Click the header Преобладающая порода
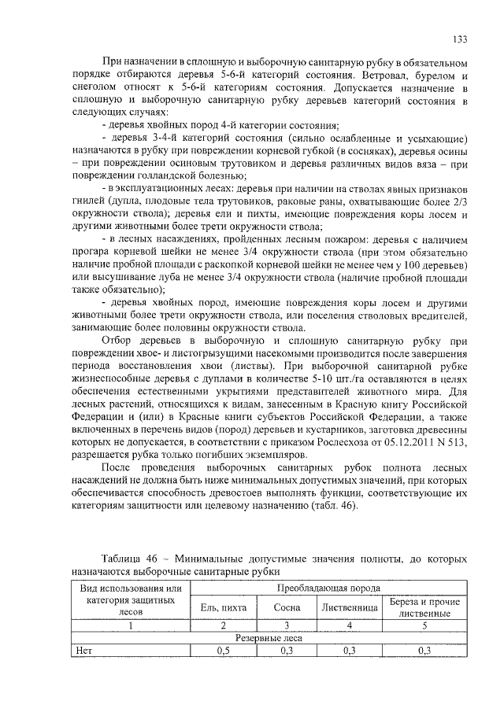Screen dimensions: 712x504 (x=328, y=588)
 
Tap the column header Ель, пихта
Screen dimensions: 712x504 (x=224, y=607)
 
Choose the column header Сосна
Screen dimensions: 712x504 (x=286, y=607)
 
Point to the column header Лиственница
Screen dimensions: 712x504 (x=350, y=607)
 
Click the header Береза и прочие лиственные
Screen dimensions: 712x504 (x=424, y=607)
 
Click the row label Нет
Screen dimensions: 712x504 (x=83, y=651)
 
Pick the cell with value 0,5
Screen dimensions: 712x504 (x=224, y=651)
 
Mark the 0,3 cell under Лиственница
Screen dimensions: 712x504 (x=350, y=651)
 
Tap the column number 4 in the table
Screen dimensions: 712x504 (x=350, y=625)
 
